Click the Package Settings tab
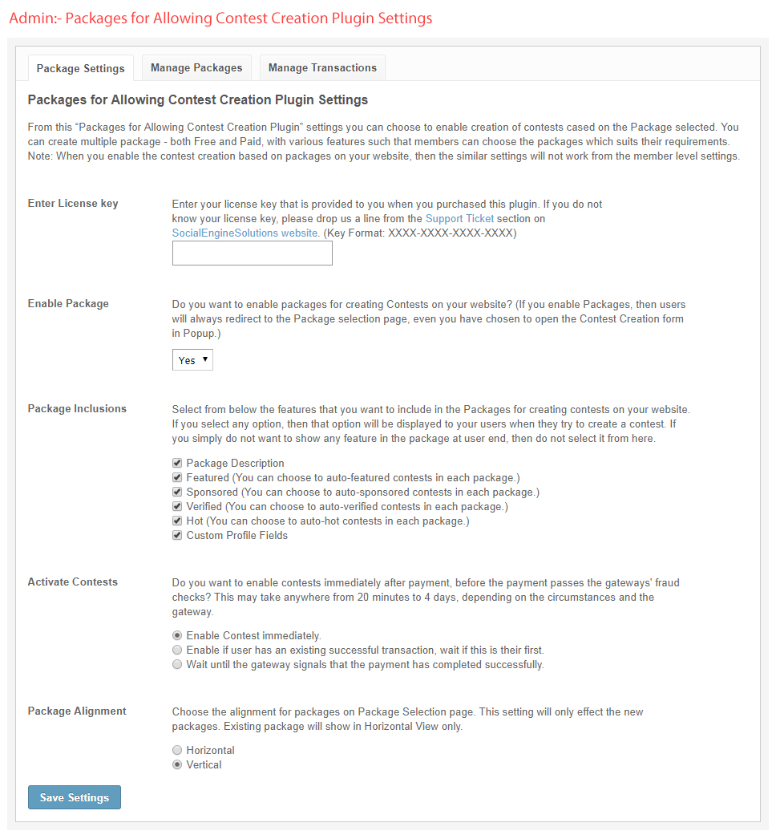pos(80,68)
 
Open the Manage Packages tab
pos(196,68)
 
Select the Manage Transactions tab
pos(322,68)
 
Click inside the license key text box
pos(252,253)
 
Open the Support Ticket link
pos(459,218)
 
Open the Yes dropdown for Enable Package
pos(192,360)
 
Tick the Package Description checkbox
pos(177,464)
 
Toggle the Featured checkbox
pos(177,478)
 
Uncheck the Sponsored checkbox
pos(177,492)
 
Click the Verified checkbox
pos(177,507)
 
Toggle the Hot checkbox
pos(177,521)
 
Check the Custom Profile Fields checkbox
pos(177,536)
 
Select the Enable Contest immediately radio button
pos(177,636)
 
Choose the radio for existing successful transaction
pos(177,651)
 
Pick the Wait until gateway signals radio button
pos(177,665)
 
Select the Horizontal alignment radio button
pos(177,751)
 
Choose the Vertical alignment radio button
pos(177,765)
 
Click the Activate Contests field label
pos(73,582)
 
